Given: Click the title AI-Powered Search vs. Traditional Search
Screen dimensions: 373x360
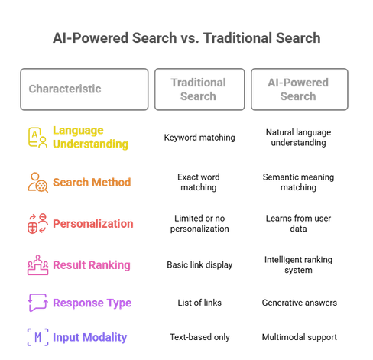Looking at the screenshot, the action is pos(186,38).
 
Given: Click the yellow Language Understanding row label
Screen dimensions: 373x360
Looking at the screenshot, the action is pos(90,137).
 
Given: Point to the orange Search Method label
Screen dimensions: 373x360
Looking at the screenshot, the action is pos(92,183).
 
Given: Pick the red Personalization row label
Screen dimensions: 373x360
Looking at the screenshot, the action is pos(93,224).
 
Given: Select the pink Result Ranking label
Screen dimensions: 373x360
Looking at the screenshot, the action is pos(92,265).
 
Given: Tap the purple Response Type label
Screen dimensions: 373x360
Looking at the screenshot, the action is pos(92,303).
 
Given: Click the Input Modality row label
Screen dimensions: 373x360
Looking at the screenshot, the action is pos(89,337).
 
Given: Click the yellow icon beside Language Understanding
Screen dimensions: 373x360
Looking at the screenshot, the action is pos(37,138).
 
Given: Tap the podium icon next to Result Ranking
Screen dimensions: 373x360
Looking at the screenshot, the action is pos(37,265).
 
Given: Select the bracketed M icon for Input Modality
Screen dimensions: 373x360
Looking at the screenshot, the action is pos(37,337).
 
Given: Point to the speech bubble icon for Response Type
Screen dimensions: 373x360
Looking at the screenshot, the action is pos(37,303).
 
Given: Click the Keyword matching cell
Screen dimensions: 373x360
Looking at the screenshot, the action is pos(199,138).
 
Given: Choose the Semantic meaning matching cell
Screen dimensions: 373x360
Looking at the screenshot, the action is pos(298,182).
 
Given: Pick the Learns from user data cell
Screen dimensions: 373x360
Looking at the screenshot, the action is pos(298,223).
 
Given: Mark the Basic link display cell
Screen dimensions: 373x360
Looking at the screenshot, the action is pos(199,265).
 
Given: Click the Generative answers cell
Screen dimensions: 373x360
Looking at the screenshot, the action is pos(300,303).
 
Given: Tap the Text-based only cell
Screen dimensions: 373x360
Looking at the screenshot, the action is pos(199,337).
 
